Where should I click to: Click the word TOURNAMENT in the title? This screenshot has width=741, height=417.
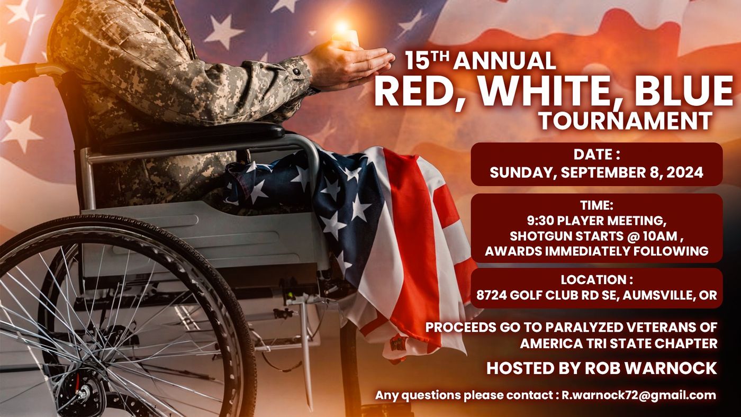click(626, 121)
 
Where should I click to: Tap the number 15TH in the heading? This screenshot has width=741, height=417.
click(427, 60)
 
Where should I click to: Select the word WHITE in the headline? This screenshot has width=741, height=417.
click(544, 90)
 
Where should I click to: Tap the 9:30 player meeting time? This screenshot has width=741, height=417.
click(538, 221)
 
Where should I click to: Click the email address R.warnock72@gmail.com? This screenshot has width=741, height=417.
click(639, 395)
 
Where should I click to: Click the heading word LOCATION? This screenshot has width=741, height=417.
click(593, 280)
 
